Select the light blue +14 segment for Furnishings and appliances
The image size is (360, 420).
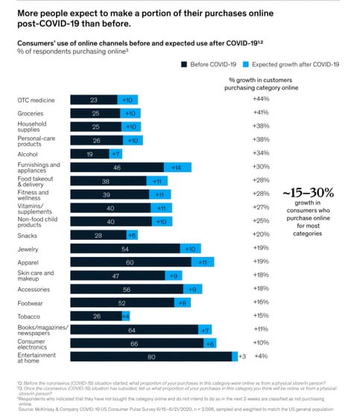pos(177,167)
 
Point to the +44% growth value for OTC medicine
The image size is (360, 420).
pos(261,99)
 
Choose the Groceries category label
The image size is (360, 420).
pos(32,112)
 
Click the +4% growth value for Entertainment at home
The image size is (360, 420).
pos(260,356)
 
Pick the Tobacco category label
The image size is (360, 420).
pos(30,316)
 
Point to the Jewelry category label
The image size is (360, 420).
pos(29,248)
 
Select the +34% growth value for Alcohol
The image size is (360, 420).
pos(261,153)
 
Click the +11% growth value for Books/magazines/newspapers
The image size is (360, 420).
pos(260,329)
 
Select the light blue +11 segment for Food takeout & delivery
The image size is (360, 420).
pos(157,180)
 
